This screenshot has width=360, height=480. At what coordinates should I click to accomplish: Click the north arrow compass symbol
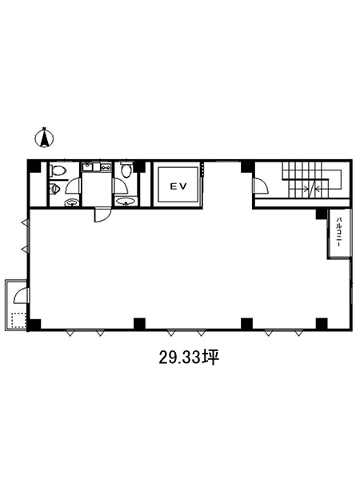[44, 138]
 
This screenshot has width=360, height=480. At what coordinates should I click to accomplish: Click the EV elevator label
[178, 186]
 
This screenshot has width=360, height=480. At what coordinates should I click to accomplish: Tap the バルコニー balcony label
[339, 233]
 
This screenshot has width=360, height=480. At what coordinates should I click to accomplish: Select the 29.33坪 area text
[189, 357]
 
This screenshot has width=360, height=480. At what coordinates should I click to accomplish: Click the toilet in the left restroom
[58, 171]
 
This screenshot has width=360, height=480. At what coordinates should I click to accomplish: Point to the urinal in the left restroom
[54, 189]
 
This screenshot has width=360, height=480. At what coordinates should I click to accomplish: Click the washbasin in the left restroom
[72, 202]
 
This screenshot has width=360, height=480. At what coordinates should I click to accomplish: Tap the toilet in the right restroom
[126, 170]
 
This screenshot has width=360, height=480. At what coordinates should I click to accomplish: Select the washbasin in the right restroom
[126, 202]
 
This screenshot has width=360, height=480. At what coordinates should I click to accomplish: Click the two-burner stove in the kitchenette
[106, 167]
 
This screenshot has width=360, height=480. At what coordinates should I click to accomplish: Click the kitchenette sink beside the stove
[88, 167]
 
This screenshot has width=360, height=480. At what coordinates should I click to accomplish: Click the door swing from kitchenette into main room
[102, 214]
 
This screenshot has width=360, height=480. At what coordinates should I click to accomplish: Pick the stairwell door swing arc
[261, 186]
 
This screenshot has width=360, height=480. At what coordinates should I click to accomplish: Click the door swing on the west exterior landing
[21, 296]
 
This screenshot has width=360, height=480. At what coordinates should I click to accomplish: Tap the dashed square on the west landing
[18, 320]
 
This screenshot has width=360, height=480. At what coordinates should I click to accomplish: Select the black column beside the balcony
[322, 214]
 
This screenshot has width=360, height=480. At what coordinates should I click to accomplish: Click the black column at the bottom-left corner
[34, 324]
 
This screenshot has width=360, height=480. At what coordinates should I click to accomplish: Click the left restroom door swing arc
[72, 186]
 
